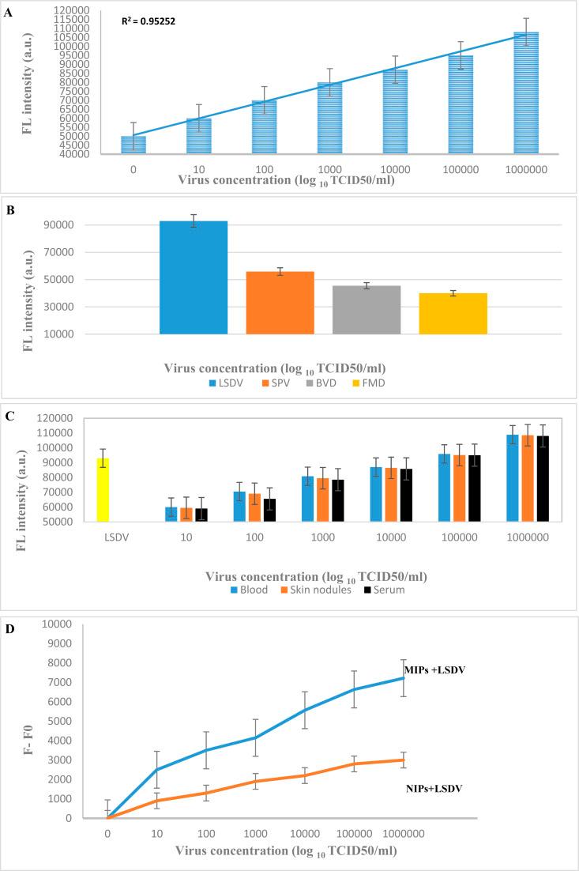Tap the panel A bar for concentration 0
133,142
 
